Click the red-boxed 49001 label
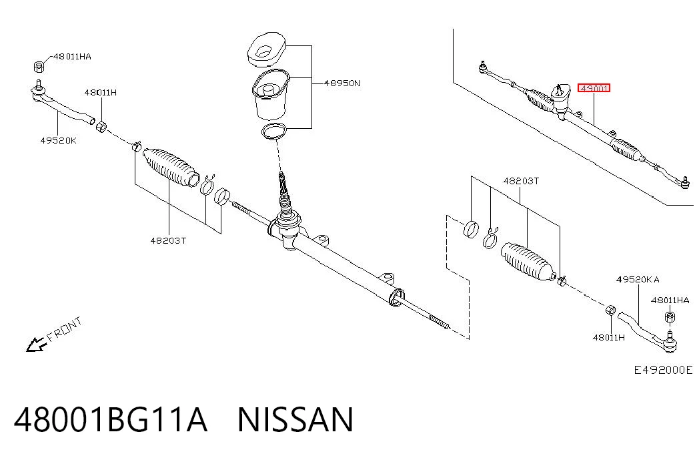click(x=594, y=87)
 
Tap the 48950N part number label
click(x=342, y=83)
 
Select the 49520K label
click(x=58, y=140)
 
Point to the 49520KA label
click(x=638, y=279)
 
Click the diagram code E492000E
click(x=663, y=369)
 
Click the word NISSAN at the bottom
click(x=295, y=419)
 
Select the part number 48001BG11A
click(x=111, y=419)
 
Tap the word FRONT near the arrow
click(x=65, y=328)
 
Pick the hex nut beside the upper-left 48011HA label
click(x=39, y=66)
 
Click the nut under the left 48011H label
click(x=101, y=127)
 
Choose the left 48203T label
click(x=168, y=240)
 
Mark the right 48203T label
click(x=521, y=181)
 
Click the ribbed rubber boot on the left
click(x=171, y=166)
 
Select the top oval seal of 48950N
click(x=266, y=49)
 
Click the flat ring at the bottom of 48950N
click(x=274, y=132)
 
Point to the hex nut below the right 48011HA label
click(x=670, y=317)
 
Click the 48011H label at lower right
click(x=608, y=337)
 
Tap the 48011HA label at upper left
click(x=72, y=56)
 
